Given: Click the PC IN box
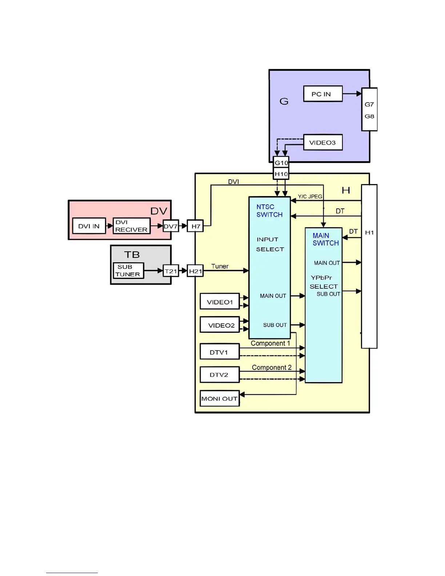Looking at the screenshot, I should (323, 94).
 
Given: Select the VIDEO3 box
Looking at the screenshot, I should (323, 143).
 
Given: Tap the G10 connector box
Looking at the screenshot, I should (281, 163).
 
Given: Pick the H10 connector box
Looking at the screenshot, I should (281, 174).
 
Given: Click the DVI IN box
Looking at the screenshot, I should (89, 226).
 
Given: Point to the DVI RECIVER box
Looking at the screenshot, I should (131, 226).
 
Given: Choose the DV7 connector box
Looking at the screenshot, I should (171, 226).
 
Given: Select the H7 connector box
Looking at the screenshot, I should (196, 226).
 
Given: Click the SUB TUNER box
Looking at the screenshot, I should (128, 271).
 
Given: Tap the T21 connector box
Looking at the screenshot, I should (171, 271).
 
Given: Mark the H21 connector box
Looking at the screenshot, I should (195, 271).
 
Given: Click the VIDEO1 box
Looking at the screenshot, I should (220, 302).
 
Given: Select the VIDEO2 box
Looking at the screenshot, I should (220, 325).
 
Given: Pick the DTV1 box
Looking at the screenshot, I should (220, 352).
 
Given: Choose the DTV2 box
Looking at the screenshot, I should (220, 375).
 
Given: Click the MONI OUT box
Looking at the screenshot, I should (220, 399).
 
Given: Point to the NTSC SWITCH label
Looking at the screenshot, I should (269, 211).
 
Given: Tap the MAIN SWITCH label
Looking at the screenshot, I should (325, 239).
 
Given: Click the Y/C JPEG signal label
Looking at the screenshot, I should (310, 196).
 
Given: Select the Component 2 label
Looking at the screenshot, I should (272, 367).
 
